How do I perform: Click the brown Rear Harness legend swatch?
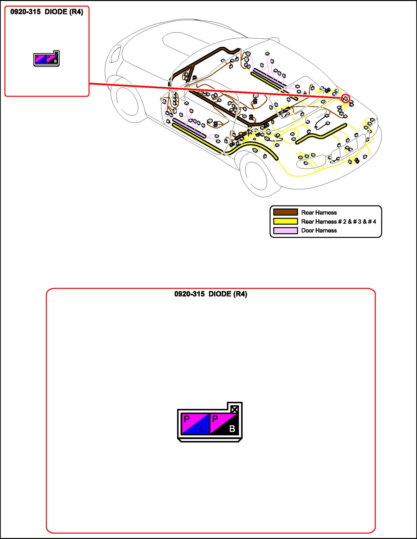coord(285,212)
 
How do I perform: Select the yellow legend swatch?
coord(285,221)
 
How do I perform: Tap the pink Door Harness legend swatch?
coord(285,231)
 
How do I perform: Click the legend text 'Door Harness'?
coord(319,231)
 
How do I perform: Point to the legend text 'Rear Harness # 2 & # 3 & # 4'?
coord(339,222)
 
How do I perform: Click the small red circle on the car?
coord(346,99)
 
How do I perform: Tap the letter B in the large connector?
coord(232,429)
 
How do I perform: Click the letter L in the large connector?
coord(203,429)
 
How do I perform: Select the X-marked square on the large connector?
coord(234,409)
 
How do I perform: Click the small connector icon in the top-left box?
coord(46,59)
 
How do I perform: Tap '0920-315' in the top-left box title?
coord(25,12)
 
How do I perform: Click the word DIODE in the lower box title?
coord(220,294)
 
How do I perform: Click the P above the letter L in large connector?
coord(187,419)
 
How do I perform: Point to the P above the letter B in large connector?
coord(215,419)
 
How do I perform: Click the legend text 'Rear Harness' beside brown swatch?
coord(319,213)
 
